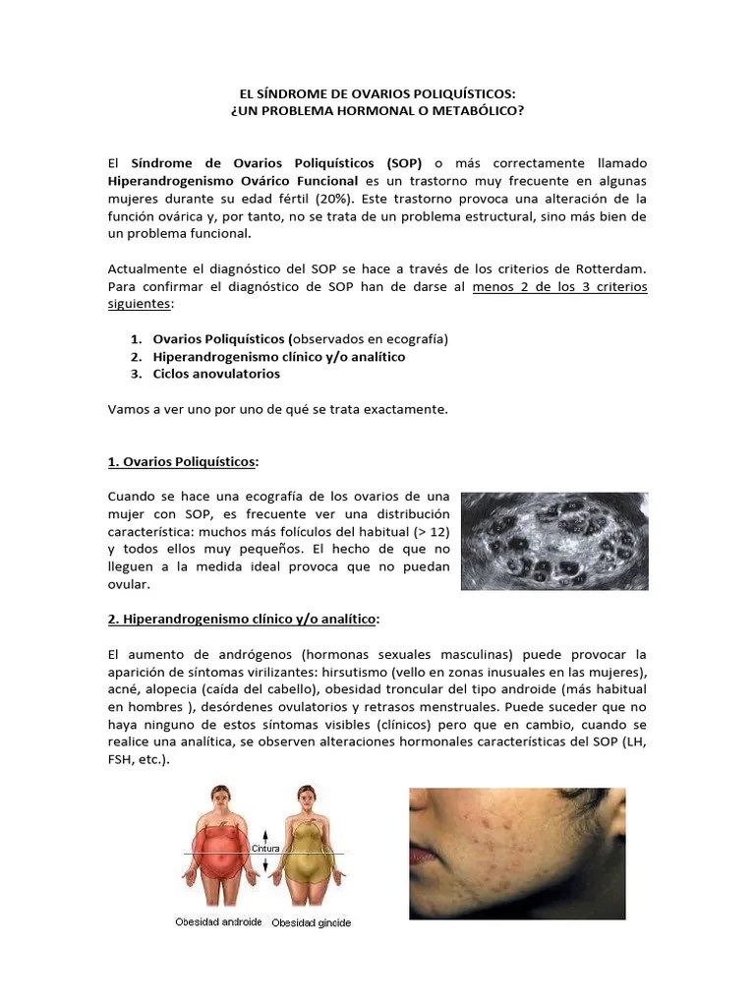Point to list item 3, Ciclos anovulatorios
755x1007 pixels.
point(216,374)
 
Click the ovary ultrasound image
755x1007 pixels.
point(554,541)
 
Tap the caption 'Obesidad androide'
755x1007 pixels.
point(218,922)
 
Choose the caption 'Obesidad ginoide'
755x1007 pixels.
point(311,923)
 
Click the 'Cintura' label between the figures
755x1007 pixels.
point(266,848)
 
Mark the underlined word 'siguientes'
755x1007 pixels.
point(139,305)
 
